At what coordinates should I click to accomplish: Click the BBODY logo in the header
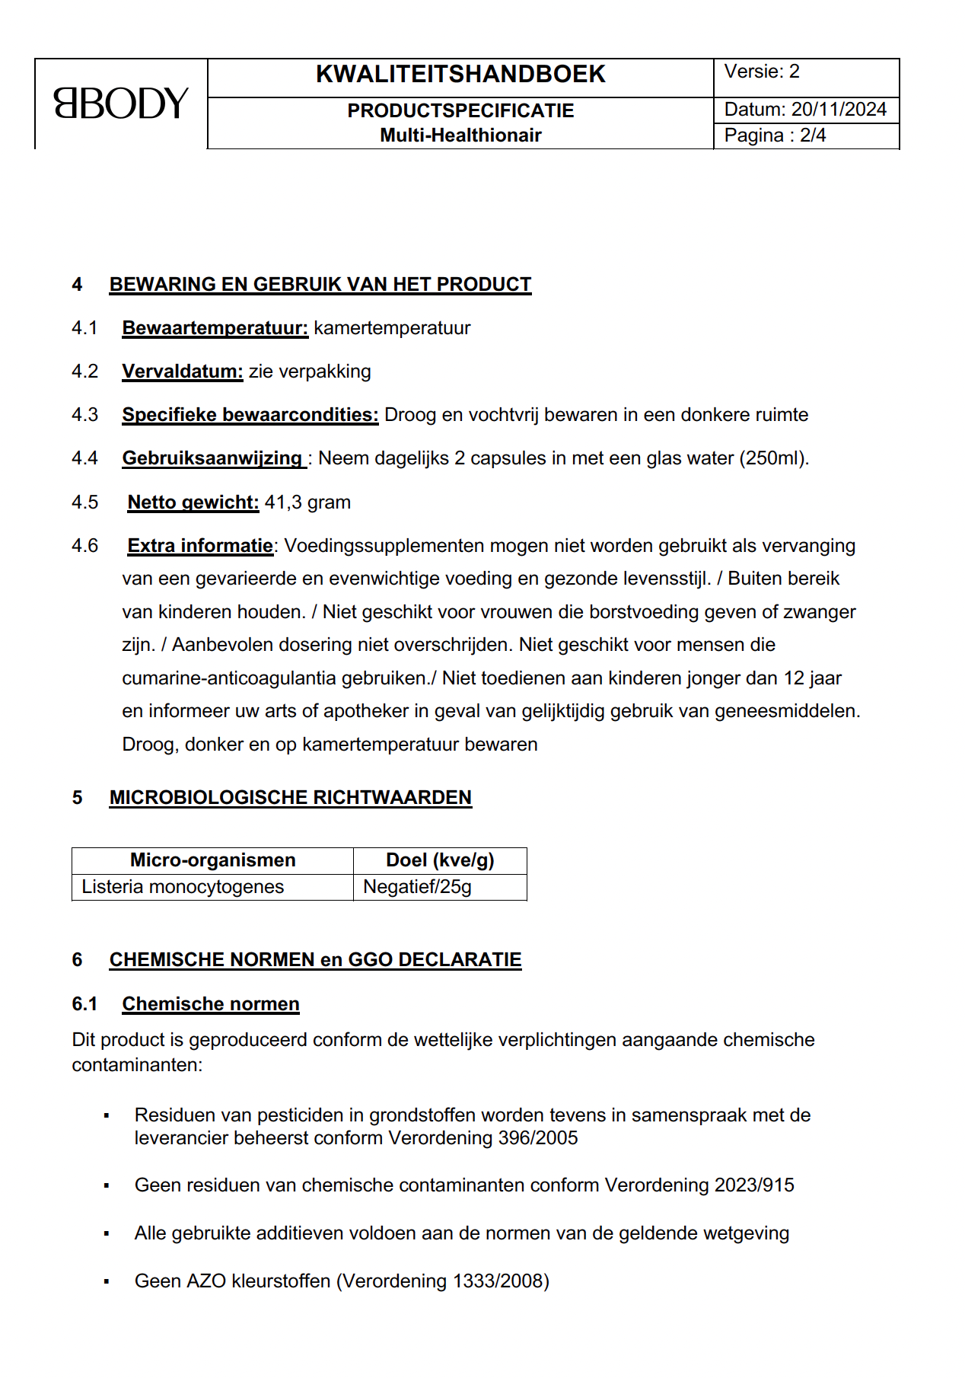[120, 104]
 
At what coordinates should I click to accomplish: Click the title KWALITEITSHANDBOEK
[460, 75]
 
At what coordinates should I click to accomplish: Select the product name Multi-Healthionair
[460, 136]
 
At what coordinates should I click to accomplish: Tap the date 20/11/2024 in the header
[839, 110]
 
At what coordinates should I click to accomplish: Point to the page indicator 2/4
[813, 136]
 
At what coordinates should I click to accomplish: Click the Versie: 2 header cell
[762, 72]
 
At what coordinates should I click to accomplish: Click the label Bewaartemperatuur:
[215, 328]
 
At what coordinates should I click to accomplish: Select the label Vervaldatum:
[183, 372]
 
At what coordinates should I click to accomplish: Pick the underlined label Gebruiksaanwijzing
[212, 458]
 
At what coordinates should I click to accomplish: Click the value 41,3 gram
[307, 502]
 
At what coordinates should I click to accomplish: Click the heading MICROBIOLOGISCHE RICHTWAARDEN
[290, 798]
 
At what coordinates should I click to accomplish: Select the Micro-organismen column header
[212, 860]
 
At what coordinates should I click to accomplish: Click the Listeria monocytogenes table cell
[183, 887]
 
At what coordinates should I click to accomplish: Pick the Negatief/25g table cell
[417, 887]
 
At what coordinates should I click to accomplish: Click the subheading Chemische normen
[211, 1004]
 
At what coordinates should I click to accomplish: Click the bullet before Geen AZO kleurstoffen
[107, 1282]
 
